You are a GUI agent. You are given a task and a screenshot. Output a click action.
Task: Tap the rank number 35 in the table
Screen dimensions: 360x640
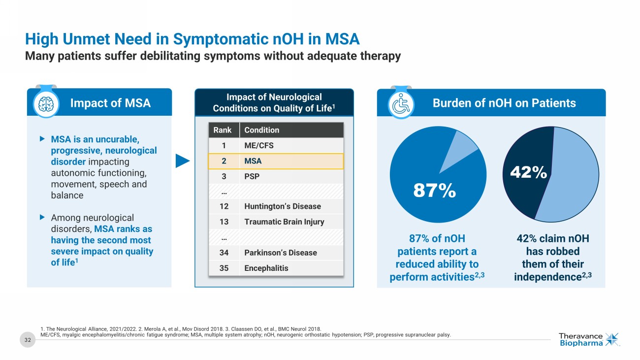point(224,268)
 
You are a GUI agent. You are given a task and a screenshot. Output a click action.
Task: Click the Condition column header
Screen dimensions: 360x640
point(261,130)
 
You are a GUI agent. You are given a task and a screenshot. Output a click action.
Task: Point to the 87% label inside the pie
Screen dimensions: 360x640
point(434,191)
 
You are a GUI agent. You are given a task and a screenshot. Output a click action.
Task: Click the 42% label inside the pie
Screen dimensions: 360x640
point(528,172)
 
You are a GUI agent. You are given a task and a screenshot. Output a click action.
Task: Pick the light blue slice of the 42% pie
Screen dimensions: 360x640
point(571,182)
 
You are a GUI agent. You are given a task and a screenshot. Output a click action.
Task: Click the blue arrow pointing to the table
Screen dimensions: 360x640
point(183,161)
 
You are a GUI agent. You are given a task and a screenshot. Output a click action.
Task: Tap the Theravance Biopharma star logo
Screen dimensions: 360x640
point(612,339)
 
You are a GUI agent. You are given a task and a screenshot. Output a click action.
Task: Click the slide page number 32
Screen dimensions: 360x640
point(28,339)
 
